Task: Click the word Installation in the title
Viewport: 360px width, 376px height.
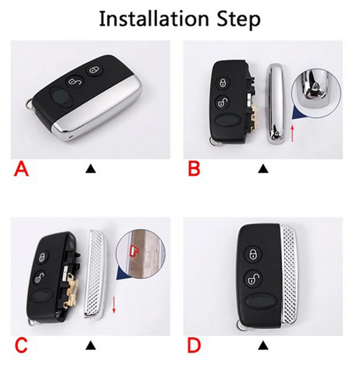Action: [x=154, y=19]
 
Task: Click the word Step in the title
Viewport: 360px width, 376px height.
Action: [x=238, y=20]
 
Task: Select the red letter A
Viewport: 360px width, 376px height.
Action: [x=21, y=169]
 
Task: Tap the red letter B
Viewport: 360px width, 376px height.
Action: [x=193, y=169]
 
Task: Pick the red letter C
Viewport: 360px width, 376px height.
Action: [x=21, y=345]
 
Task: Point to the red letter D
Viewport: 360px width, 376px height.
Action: [x=194, y=345]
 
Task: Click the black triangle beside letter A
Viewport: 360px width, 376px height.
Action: [x=90, y=169]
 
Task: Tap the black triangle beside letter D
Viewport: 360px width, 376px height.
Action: [x=263, y=345]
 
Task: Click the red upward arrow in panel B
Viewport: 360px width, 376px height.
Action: [x=292, y=133]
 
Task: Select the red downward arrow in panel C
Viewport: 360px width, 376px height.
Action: [x=114, y=304]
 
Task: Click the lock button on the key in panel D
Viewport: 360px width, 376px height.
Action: [x=253, y=254]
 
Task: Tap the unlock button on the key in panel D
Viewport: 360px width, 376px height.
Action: [x=253, y=278]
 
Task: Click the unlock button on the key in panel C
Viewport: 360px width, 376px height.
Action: [x=40, y=278]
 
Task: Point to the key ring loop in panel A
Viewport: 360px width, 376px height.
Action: [x=29, y=105]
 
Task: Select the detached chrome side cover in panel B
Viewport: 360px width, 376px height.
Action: [x=276, y=104]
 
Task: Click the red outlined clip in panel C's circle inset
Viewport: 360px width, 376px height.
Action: [x=134, y=250]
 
